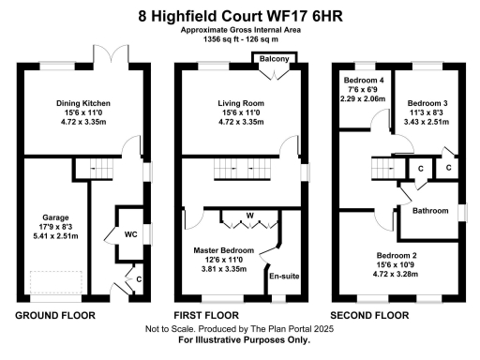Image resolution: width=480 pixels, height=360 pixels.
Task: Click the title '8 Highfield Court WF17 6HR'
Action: tap(240, 15)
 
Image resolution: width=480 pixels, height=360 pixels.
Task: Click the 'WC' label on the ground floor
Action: tap(130, 234)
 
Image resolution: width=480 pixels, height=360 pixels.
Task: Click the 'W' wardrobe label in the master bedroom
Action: tap(248, 215)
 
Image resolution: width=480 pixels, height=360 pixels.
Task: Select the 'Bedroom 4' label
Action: tap(361, 79)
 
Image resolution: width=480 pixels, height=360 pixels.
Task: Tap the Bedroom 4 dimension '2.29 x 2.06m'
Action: tap(361, 98)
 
